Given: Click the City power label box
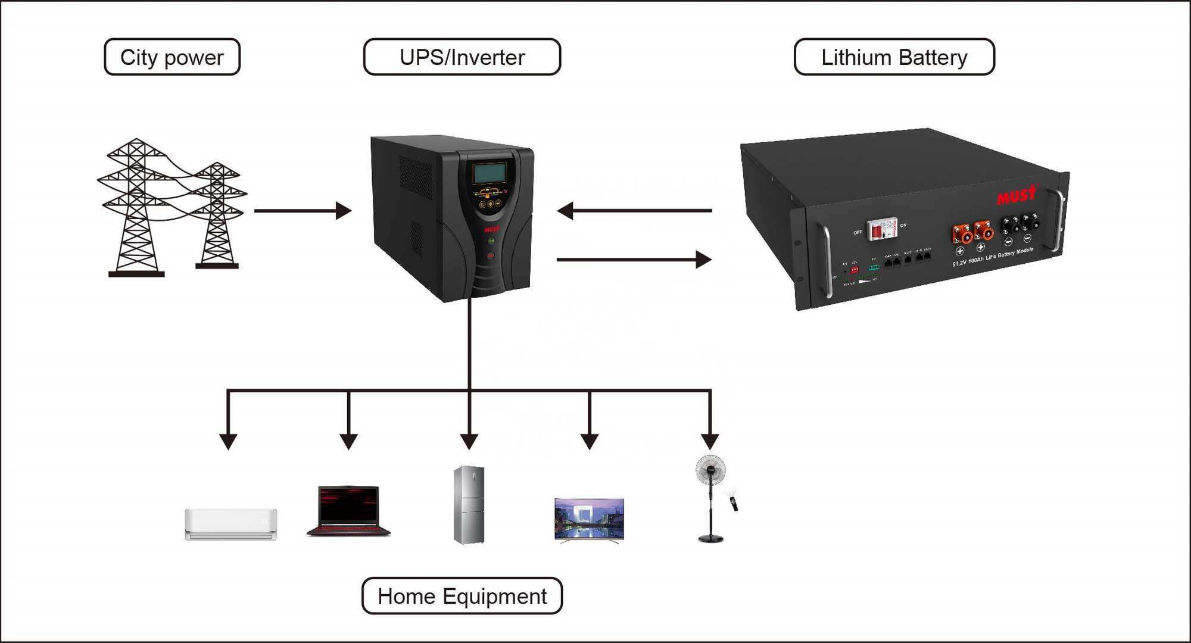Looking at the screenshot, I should point(172,57).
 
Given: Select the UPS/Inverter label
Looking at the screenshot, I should point(462,57).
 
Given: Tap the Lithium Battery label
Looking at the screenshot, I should point(894,57).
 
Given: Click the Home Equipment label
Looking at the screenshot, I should point(462,596).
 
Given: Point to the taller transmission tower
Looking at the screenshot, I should point(137,208).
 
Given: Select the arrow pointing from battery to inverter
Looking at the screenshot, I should point(634,210).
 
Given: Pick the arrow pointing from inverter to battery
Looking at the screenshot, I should point(634,260).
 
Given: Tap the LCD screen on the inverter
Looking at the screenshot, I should point(490,173).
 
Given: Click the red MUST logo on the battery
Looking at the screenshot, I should point(1017,195).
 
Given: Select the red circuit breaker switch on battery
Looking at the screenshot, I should point(881,229).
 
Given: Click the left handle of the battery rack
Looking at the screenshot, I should point(826,261).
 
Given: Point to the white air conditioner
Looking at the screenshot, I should point(231,524).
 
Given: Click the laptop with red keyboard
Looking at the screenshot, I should point(348,511).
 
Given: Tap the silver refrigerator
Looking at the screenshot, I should point(469,505).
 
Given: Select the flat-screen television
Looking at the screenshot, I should point(589,520).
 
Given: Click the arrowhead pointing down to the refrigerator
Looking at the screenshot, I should point(469,441).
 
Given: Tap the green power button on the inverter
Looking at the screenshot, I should point(491,241).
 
